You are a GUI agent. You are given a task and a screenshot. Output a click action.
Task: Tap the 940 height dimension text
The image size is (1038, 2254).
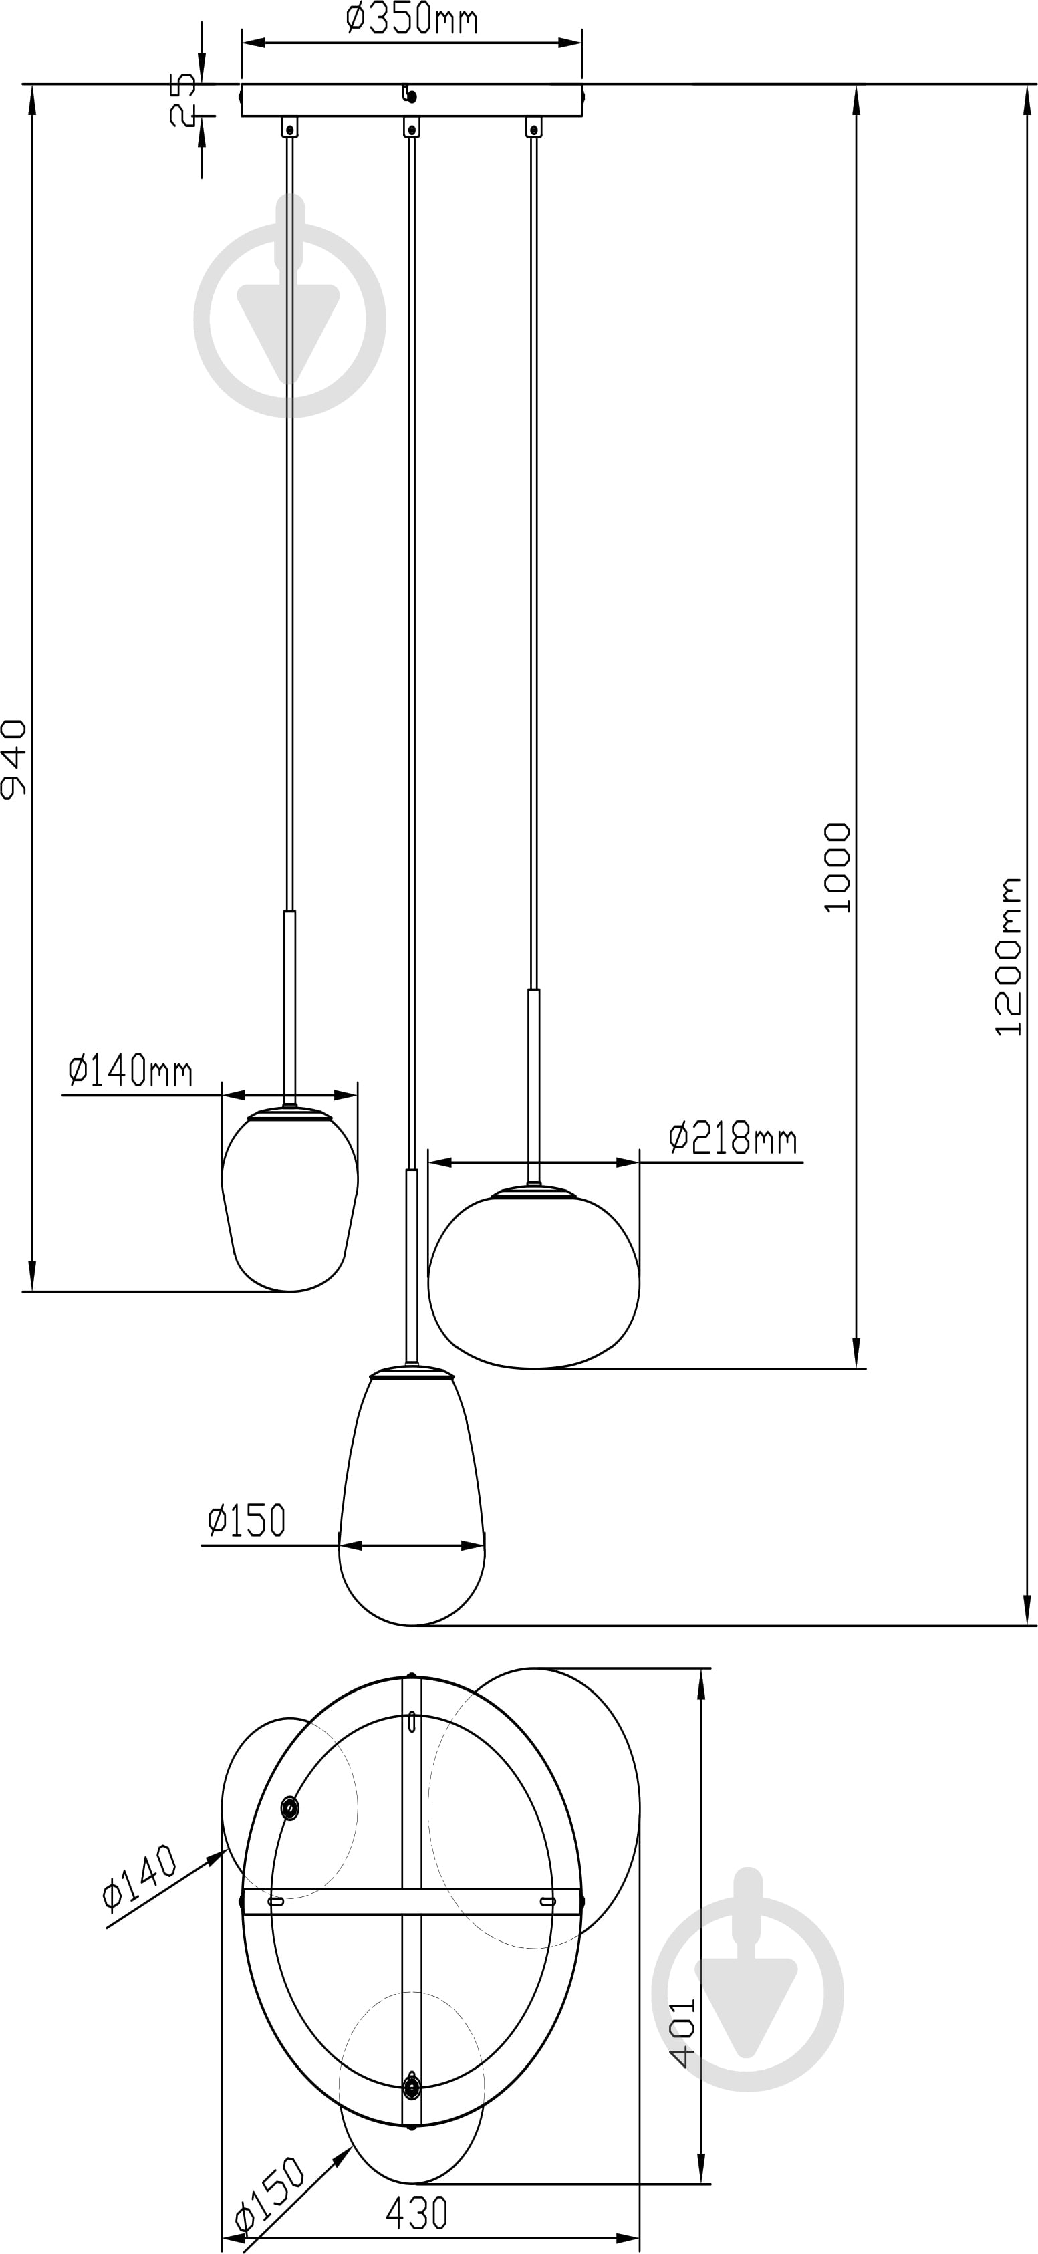[x=14, y=759]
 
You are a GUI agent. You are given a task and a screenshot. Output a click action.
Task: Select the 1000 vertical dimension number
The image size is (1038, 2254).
[x=837, y=867]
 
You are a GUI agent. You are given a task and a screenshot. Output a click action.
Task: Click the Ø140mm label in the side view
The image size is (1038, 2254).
[x=130, y=1070]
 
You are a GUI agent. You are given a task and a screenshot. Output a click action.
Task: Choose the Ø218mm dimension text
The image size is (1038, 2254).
[x=733, y=1138]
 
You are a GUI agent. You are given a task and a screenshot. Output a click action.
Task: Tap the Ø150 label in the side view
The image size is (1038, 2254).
[x=247, y=1521]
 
